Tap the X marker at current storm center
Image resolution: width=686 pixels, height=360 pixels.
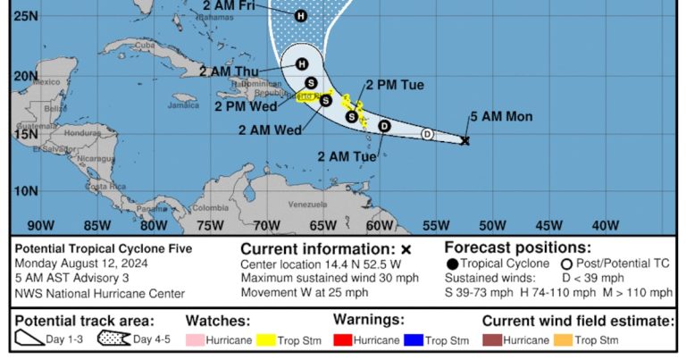click(464, 140)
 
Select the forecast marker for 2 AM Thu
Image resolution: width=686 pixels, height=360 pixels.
click(302, 63)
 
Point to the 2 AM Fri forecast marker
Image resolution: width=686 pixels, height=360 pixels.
click(300, 15)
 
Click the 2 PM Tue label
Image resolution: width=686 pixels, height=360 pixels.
click(394, 85)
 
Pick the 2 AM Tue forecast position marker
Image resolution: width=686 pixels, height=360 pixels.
click(384, 126)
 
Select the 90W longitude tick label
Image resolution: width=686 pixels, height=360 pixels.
click(40, 225)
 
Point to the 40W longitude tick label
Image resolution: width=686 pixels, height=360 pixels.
click(605, 225)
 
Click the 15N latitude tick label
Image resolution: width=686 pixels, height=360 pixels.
click(26, 134)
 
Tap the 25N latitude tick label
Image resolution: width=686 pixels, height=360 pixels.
click(26, 15)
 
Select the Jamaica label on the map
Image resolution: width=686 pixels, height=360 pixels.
click(183, 105)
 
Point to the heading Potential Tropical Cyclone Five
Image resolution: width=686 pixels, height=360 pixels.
click(104, 248)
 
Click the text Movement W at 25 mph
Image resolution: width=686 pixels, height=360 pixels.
click(305, 292)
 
